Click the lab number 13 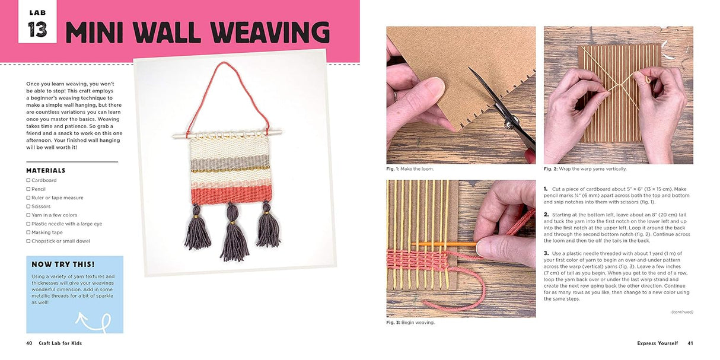click(x=37, y=28)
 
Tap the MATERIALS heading click(x=46, y=171)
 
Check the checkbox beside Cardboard click(x=28, y=180)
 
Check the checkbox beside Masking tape click(x=28, y=232)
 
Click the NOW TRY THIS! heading click(x=63, y=265)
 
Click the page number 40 click(x=29, y=343)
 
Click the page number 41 click(x=690, y=343)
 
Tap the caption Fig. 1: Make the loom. click(x=410, y=169)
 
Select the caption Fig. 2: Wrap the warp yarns click(x=585, y=169)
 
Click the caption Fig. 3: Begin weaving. click(x=410, y=323)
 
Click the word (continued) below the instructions click(x=682, y=312)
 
